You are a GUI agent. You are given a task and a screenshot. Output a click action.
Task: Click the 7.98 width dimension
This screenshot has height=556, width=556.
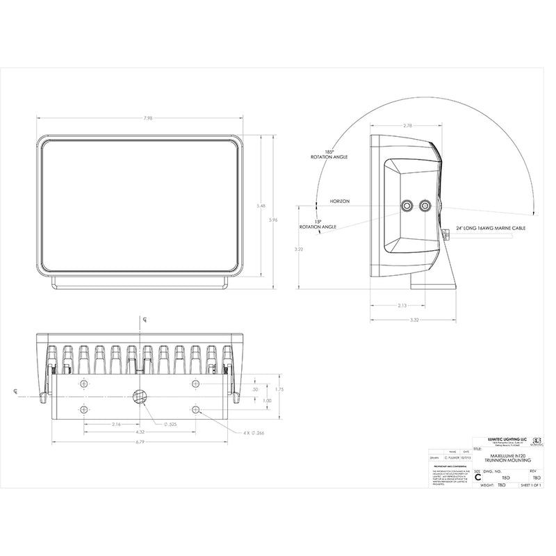[x=148, y=119]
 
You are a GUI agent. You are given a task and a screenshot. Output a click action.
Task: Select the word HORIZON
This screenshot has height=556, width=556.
[x=340, y=202]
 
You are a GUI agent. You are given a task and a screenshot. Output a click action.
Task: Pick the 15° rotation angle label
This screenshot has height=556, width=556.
[x=317, y=224]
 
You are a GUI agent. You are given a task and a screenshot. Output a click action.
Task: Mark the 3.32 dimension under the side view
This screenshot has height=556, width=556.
[x=414, y=320]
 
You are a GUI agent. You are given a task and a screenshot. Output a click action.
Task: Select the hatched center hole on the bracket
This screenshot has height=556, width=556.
[x=139, y=397]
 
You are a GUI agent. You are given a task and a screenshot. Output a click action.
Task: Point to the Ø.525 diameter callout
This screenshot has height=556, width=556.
[x=169, y=424]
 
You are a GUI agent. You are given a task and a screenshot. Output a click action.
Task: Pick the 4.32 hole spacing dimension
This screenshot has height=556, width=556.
[x=140, y=432]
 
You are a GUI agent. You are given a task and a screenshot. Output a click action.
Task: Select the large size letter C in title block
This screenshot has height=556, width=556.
[x=477, y=478]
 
